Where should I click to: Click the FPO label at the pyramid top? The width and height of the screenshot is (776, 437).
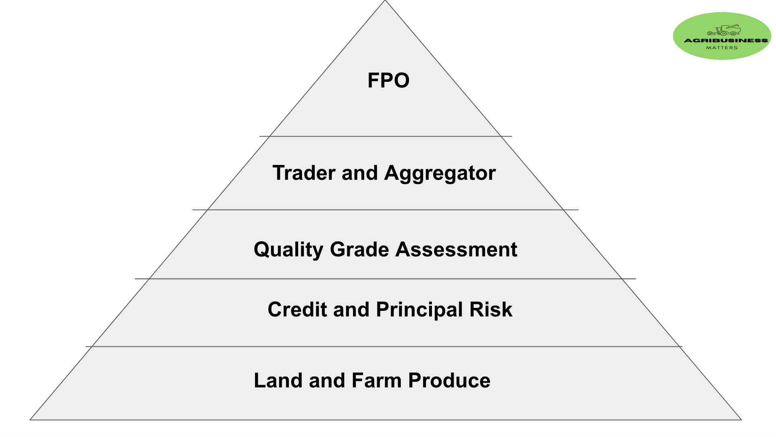(388, 80)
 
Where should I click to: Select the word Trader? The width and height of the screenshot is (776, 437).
(304, 173)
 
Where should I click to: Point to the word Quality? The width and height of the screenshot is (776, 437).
(288, 250)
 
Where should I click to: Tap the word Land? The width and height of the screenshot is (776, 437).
(278, 381)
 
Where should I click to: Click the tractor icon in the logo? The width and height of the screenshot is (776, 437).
(724, 30)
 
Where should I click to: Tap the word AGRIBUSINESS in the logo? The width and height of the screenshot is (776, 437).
(726, 40)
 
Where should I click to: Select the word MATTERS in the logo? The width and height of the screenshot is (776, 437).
(722, 48)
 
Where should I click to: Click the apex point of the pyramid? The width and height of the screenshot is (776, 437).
(385, 1)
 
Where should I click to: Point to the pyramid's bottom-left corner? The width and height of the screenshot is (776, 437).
(31, 420)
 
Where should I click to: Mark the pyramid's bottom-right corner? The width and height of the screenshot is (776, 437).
(741, 420)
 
